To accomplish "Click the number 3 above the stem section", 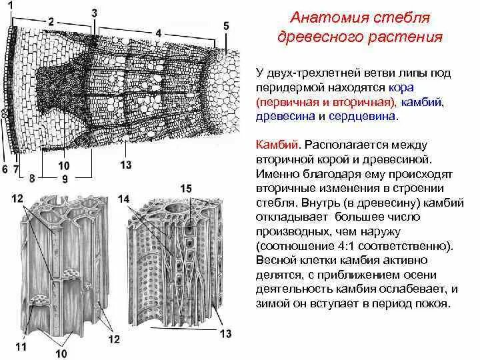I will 94,13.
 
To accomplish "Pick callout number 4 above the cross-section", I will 158,31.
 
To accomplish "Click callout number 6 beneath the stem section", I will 5,169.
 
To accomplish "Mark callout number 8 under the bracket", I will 31,178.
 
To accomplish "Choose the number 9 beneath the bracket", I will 64,179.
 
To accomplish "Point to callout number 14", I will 125,199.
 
